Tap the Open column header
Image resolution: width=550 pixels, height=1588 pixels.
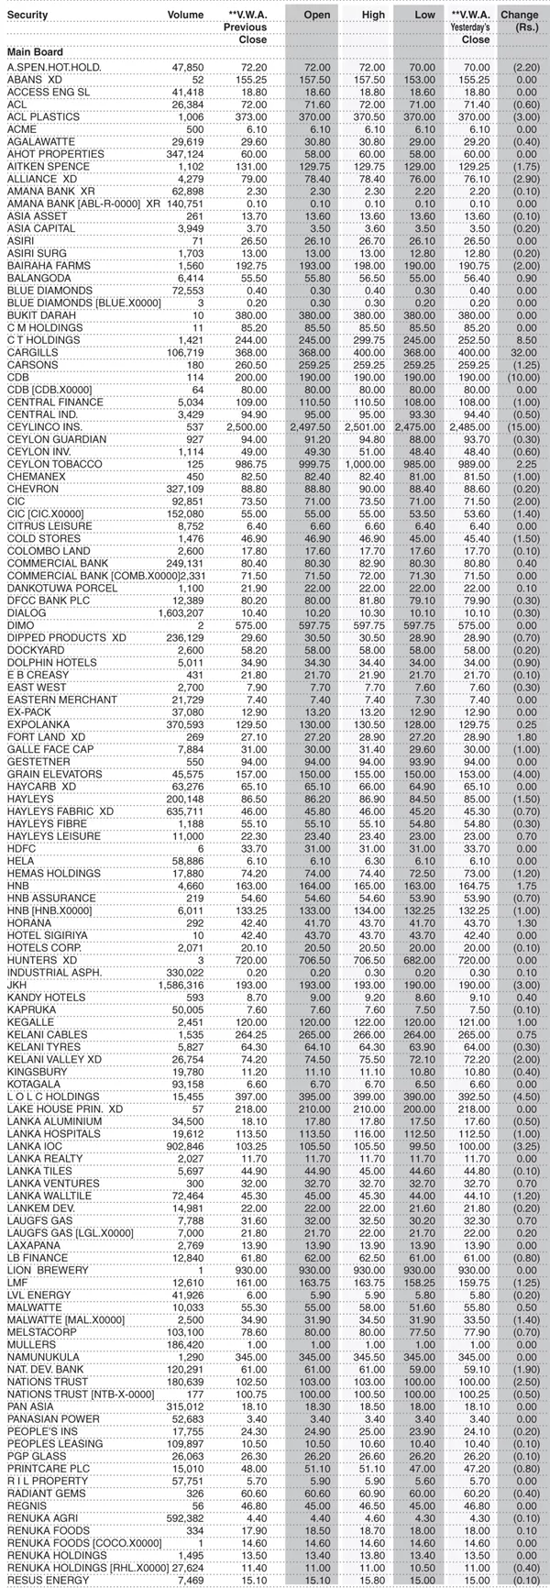(x=316, y=16)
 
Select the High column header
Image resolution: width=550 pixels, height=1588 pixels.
(x=371, y=16)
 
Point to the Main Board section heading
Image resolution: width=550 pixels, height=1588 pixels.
(x=35, y=53)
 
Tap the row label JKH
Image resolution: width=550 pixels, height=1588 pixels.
(x=15, y=984)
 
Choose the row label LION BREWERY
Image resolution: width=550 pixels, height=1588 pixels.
(x=48, y=1270)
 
